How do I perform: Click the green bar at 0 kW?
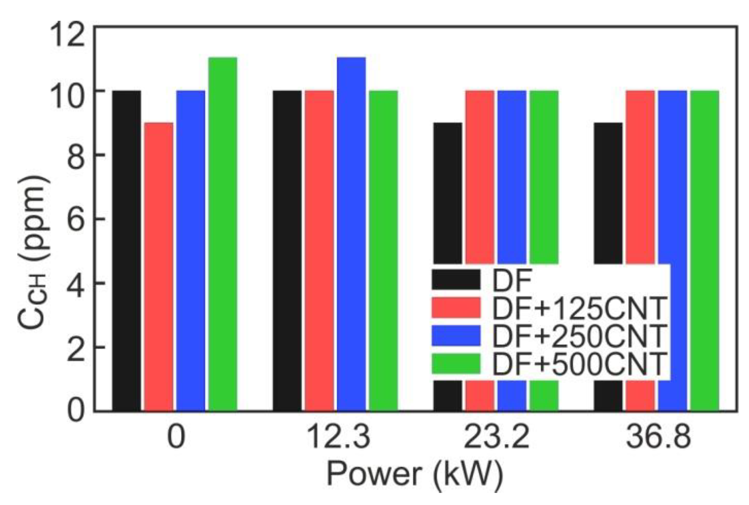[x=222, y=234]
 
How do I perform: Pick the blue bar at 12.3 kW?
[x=351, y=234]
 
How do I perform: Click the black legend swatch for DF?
[x=456, y=279]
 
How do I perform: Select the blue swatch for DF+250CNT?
[x=456, y=336]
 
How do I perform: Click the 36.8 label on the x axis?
[x=658, y=437]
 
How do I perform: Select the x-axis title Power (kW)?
[x=415, y=474]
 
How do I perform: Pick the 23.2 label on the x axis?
[x=496, y=437]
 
